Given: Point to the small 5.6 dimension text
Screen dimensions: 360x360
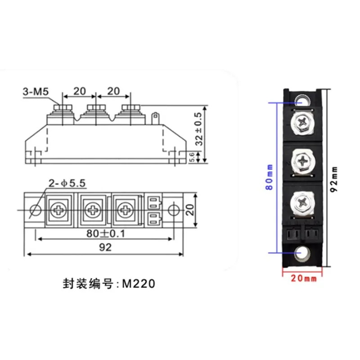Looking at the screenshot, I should tap(192, 157).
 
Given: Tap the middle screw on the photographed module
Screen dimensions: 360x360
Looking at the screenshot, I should tap(302, 160).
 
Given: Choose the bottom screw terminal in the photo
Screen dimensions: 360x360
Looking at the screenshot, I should tap(302, 201).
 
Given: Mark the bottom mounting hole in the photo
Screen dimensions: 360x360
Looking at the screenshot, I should tap(301, 255).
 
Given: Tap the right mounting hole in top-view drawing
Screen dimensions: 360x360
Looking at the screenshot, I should tap(175, 211).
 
